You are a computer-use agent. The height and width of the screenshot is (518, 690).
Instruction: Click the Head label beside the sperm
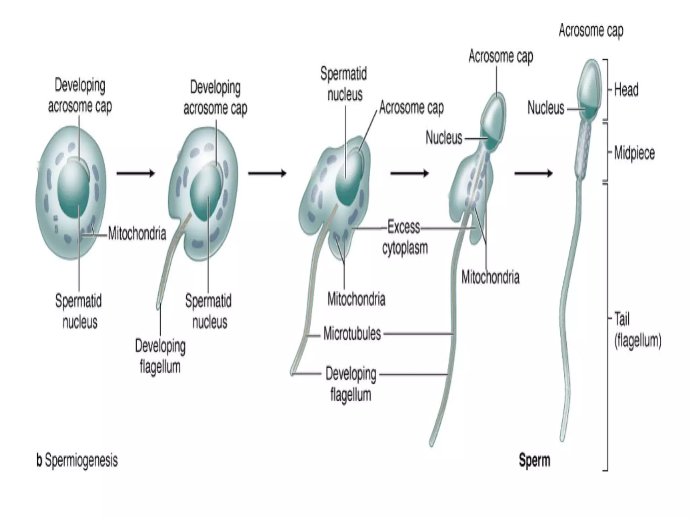pyautogui.click(x=626, y=90)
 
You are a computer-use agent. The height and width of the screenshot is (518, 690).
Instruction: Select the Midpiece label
pyautogui.click(x=634, y=153)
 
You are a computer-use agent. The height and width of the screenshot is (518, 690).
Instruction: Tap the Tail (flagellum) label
pyautogui.click(x=637, y=329)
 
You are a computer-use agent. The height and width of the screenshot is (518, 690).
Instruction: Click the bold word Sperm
pyautogui.click(x=534, y=460)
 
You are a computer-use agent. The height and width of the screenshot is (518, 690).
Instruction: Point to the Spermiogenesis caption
pyautogui.click(x=77, y=460)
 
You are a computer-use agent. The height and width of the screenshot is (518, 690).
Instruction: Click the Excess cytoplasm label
pyautogui.click(x=404, y=237)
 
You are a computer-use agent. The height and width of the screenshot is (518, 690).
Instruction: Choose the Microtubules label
pyautogui.click(x=352, y=334)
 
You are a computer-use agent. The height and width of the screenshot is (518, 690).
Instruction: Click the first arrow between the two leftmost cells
pyautogui.click(x=135, y=173)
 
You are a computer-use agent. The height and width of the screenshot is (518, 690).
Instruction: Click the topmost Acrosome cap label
pyautogui.click(x=591, y=31)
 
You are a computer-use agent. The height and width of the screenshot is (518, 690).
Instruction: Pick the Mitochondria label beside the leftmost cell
pyautogui.click(x=137, y=233)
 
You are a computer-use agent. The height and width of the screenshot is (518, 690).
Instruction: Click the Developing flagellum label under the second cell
pyautogui.click(x=160, y=356)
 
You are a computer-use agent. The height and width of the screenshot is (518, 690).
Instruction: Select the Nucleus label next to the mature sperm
pyautogui.click(x=545, y=108)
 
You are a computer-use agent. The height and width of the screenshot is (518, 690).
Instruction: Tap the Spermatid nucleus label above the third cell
pyautogui.click(x=344, y=84)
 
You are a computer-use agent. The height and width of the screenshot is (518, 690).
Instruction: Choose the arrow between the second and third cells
pyautogui.click(x=267, y=173)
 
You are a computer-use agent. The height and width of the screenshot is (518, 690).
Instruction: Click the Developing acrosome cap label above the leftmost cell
pyautogui.click(x=80, y=95)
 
